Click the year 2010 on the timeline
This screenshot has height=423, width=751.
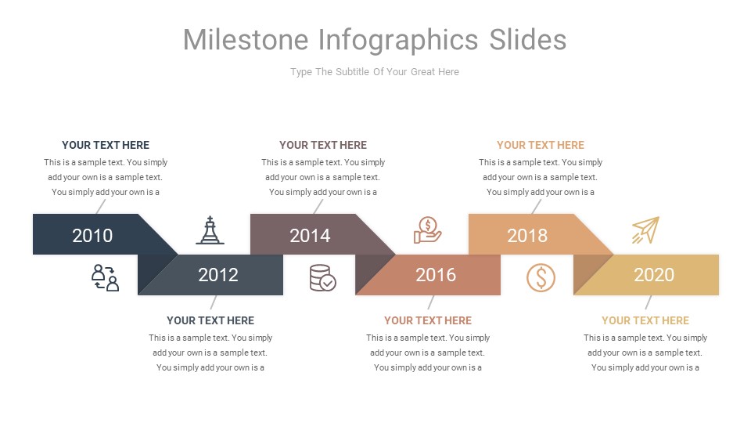pyautogui.click(x=92, y=235)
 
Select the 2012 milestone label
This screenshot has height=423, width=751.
pyautogui.click(x=218, y=275)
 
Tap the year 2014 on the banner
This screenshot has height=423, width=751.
pyautogui.click(x=310, y=235)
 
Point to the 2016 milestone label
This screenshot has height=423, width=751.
pyautogui.click(x=436, y=275)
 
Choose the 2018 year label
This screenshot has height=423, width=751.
pyautogui.click(x=527, y=235)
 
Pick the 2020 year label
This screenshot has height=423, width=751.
pyautogui.click(x=654, y=275)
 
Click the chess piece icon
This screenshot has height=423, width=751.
pyautogui.click(x=210, y=230)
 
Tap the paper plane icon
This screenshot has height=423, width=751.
pyautogui.click(x=645, y=230)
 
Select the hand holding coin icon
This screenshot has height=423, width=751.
pyautogui.click(x=427, y=230)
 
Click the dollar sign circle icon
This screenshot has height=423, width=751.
pyautogui.click(x=541, y=277)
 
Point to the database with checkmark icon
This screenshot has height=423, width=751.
pyautogui.click(x=322, y=278)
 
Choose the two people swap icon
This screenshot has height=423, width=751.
pyautogui.click(x=105, y=278)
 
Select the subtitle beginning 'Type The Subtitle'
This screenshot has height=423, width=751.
pyautogui.click(x=375, y=72)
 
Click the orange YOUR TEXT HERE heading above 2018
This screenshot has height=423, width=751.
pyautogui.click(x=541, y=145)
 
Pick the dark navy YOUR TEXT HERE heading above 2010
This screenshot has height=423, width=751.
pyautogui.click(x=106, y=145)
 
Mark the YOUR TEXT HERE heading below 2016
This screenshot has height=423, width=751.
pyautogui.click(x=428, y=320)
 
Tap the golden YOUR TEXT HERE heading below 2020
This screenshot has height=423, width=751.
pyautogui.click(x=645, y=320)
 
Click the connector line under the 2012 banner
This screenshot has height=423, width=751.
pyautogui.click(x=213, y=302)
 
